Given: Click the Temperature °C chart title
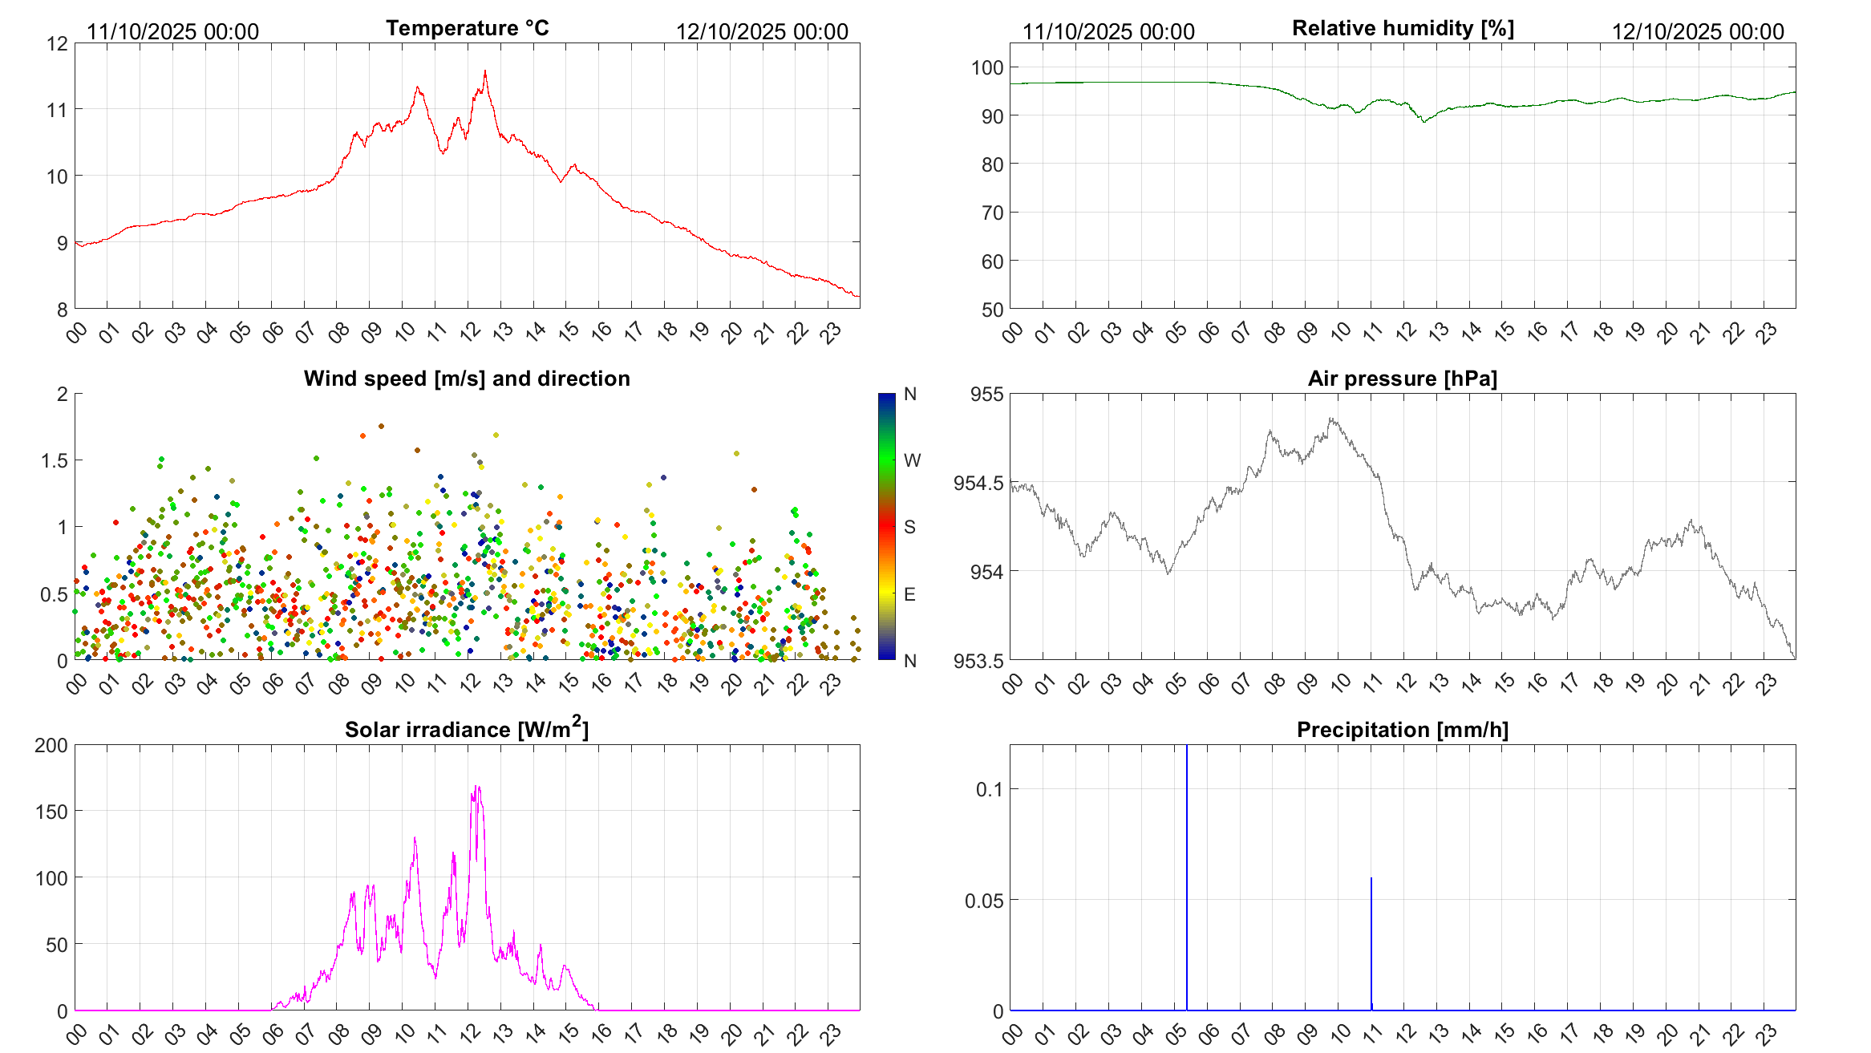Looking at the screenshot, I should (x=467, y=28).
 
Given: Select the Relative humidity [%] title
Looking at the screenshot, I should (x=1403, y=28).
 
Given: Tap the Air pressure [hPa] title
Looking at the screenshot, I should (x=1402, y=379).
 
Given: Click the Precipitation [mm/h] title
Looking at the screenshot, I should (x=1402, y=730).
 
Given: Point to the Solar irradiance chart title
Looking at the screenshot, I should (x=467, y=730).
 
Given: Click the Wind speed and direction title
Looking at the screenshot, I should (x=467, y=379).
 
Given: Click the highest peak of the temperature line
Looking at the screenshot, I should (x=485, y=71).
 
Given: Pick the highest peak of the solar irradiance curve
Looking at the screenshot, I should (x=477, y=787).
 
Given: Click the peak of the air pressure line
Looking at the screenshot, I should (x=1331, y=419).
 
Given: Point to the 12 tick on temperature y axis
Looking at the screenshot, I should (x=58, y=43).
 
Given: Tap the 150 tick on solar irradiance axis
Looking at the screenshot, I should (x=51, y=812).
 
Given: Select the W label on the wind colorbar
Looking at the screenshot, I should (x=912, y=460).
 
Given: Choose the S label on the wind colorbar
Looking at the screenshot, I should (x=909, y=527).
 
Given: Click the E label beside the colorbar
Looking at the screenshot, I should (x=909, y=594).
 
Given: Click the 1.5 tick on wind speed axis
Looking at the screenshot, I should (x=54, y=460).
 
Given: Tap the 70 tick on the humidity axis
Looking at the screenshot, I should (x=992, y=213).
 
